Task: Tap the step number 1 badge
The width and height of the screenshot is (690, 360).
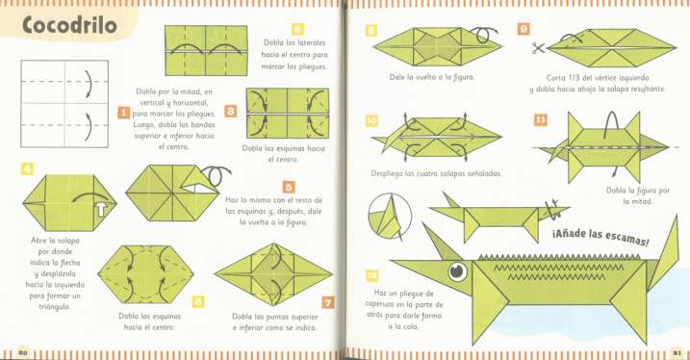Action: click(x=123, y=114)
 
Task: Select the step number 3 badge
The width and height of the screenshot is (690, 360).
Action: click(x=231, y=112)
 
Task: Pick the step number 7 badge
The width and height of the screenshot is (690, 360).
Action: click(x=327, y=303)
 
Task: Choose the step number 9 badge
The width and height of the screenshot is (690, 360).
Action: click(x=524, y=29)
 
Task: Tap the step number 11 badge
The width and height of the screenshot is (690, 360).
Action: click(x=541, y=120)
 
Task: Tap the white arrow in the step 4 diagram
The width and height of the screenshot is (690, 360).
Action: click(x=98, y=203)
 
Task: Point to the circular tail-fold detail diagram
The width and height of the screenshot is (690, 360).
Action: click(x=392, y=219)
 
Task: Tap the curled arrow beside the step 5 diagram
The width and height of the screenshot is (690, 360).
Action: click(x=220, y=175)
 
